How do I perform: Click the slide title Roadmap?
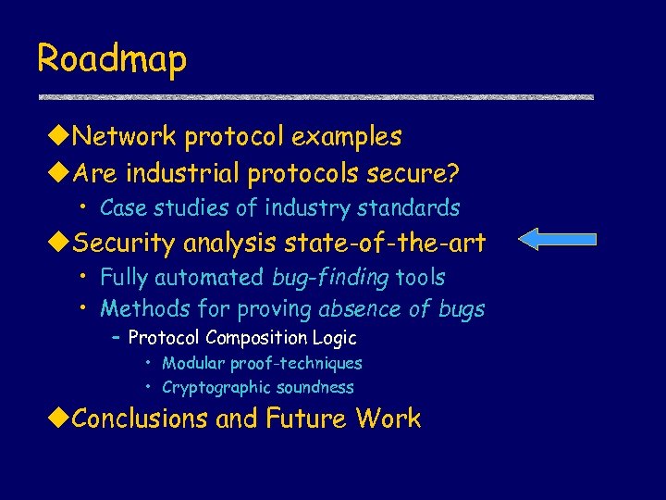pyautogui.click(x=112, y=59)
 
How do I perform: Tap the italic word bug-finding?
pyautogui.click(x=330, y=278)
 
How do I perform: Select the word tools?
pyautogui.click(x=420, y=277)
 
